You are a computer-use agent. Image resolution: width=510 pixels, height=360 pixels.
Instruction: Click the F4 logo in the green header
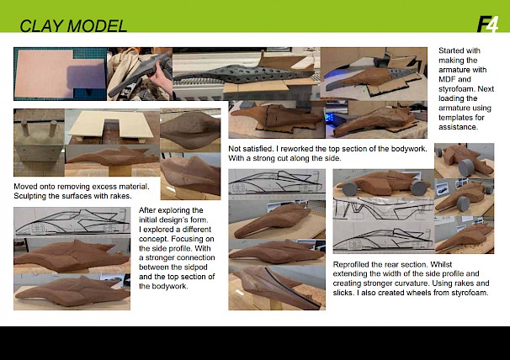487,24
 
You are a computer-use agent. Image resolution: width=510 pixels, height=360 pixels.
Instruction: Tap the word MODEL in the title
98,26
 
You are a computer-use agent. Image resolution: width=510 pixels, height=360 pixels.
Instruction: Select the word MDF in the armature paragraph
446,79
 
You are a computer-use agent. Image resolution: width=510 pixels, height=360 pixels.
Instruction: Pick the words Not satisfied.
251,149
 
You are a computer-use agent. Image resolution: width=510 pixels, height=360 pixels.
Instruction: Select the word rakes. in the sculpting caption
122,196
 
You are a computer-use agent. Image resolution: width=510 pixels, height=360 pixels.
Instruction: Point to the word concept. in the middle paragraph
153,239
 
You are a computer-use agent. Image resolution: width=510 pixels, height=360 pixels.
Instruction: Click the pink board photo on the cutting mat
60,74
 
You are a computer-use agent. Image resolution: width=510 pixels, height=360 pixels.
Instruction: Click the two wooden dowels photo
39,142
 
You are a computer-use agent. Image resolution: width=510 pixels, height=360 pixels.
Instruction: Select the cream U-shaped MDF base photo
112,127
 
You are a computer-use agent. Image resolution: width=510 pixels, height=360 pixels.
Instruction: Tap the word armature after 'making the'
454,70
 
